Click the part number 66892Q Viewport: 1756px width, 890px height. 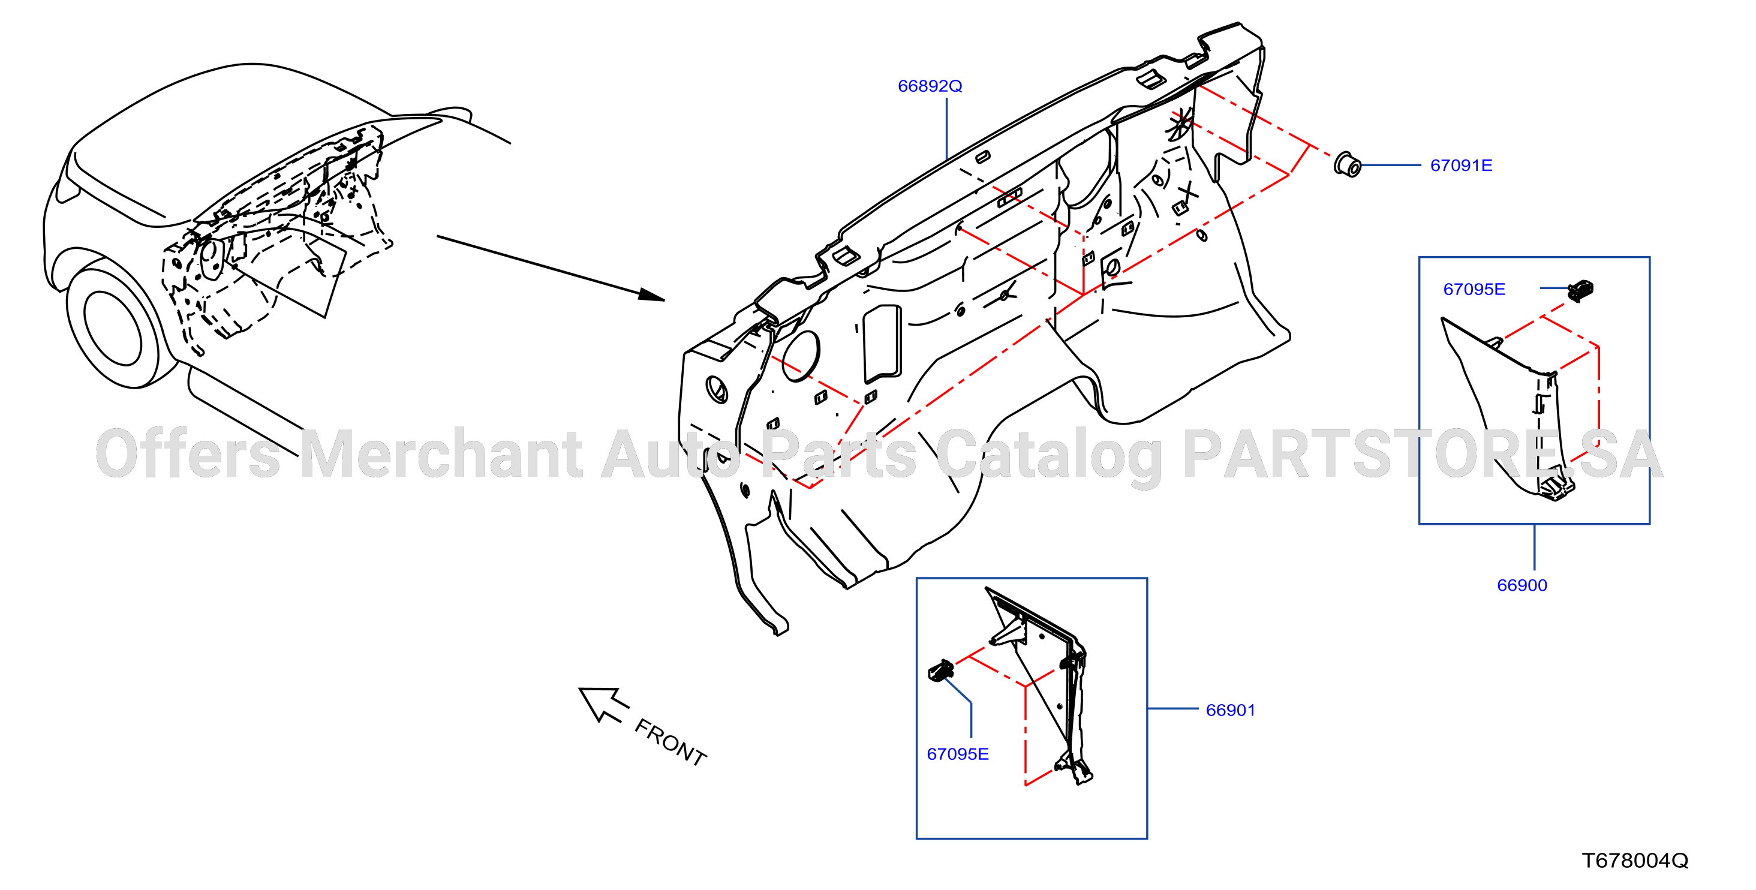click(x=929, y=86)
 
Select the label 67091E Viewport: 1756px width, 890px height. click(x=1461, y=166)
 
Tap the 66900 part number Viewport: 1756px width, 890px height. click(x=1522, y=585)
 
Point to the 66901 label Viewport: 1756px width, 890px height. click(x=1231, y=710)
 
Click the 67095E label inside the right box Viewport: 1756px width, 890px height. click(x=1474, y=289)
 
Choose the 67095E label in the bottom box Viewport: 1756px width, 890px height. click(x=957, y=754)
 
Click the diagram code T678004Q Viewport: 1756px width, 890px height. click(x=1635, y=861)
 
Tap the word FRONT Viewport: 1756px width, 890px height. click(x=670, y=742)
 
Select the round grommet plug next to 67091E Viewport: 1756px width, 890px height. click(x=1347, y=165)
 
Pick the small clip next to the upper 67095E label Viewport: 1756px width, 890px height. click(x=1580, y=291)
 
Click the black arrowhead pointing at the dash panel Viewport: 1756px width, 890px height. click(x=651, y=294)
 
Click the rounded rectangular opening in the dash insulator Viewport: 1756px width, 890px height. click(x=882, y=344)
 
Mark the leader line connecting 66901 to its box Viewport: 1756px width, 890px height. click(x=1172, y=709)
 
